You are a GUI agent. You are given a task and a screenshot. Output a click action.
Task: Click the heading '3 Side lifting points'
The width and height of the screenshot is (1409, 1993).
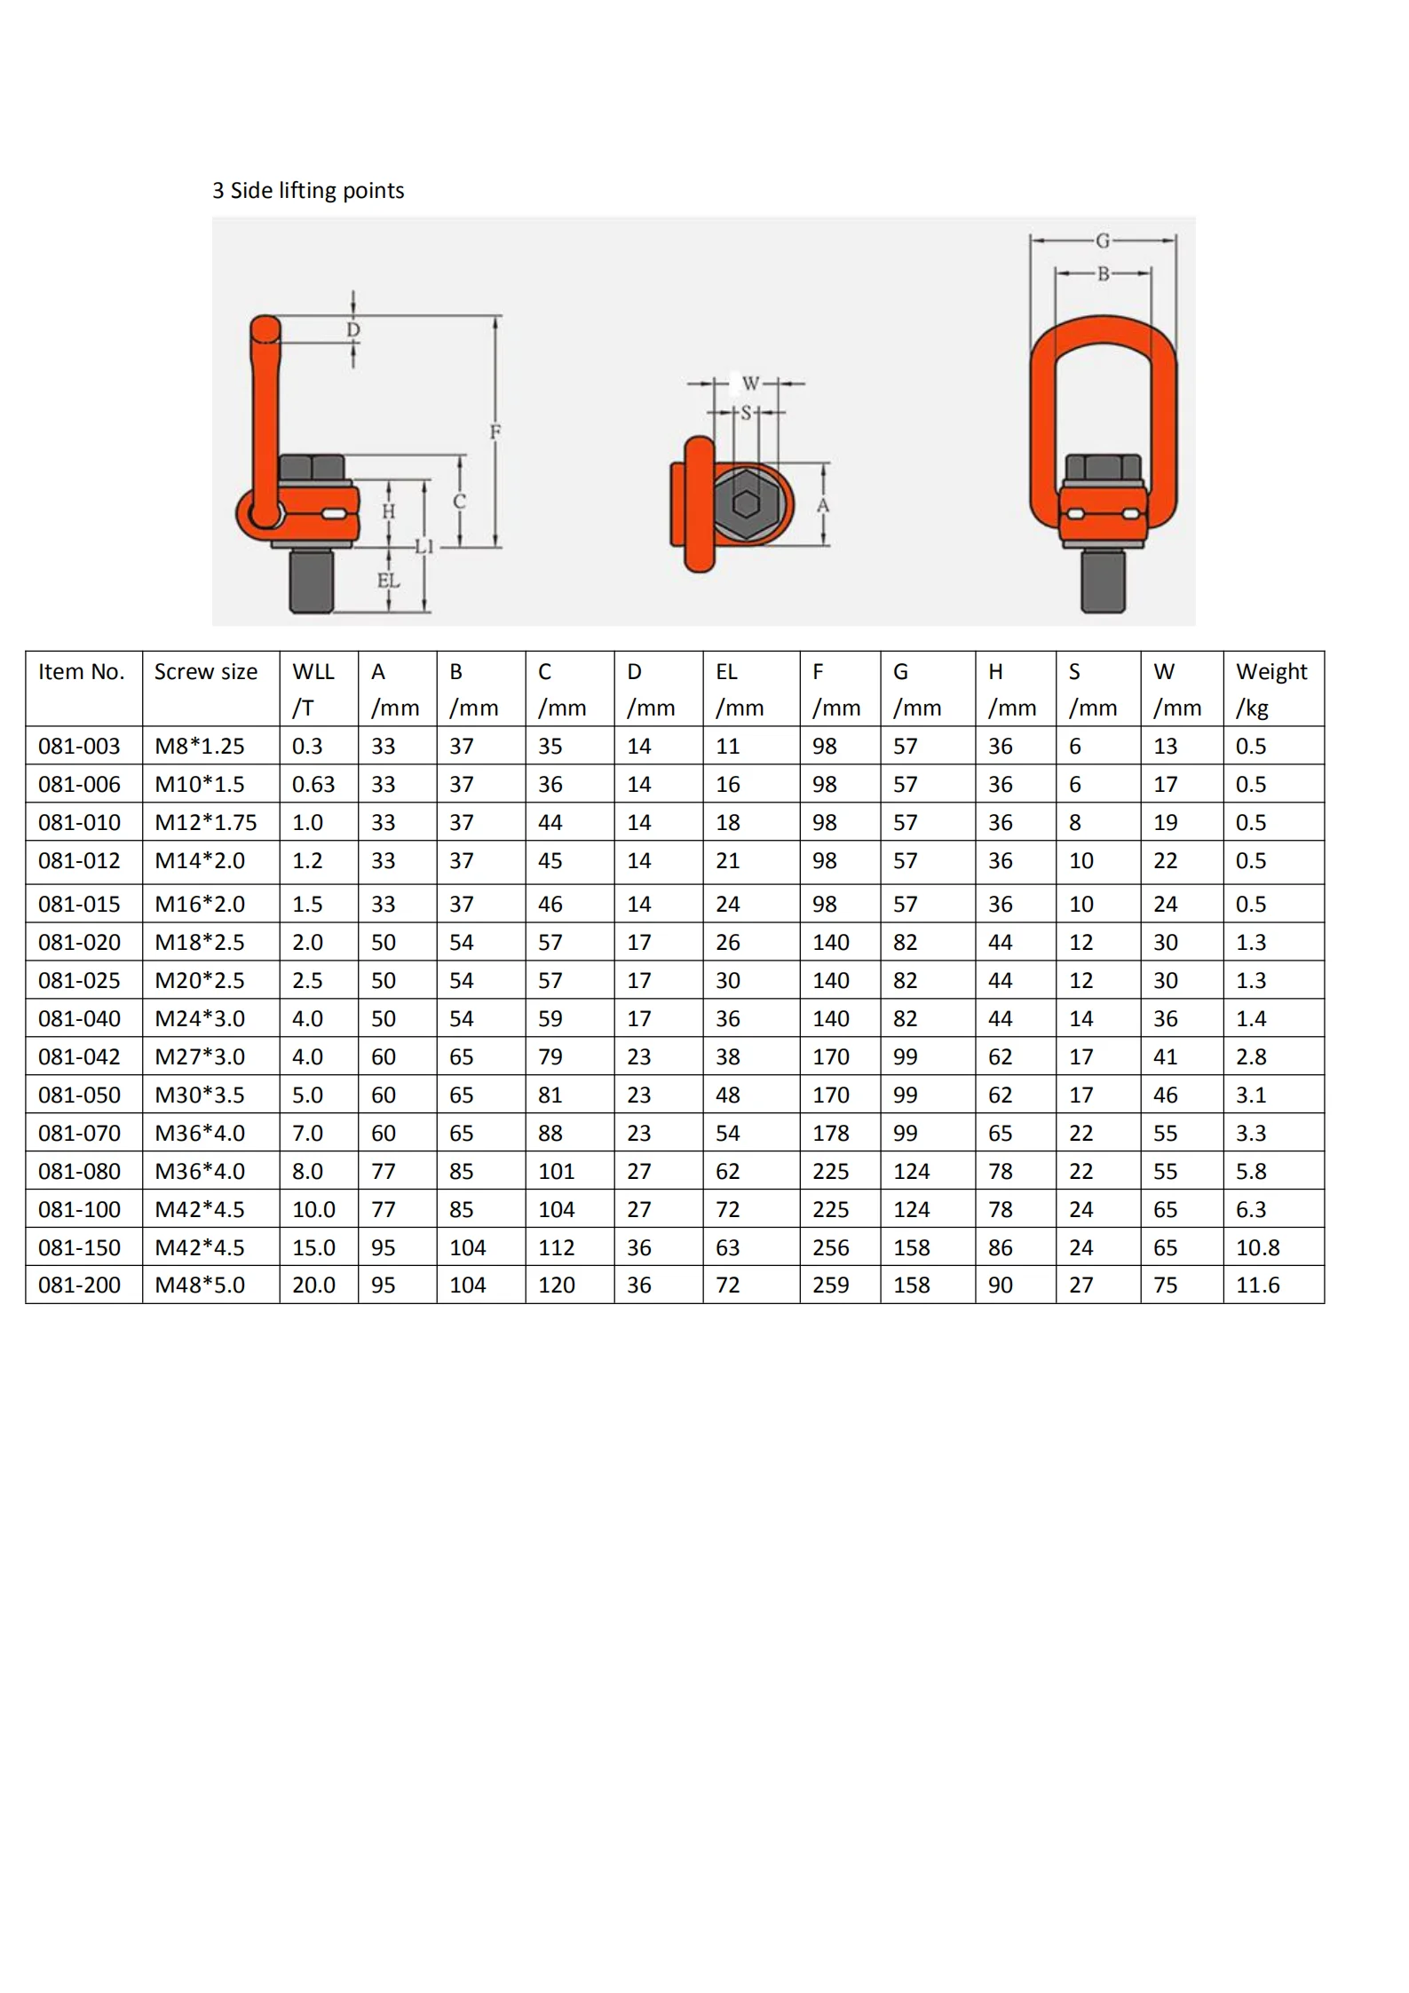[307, 191]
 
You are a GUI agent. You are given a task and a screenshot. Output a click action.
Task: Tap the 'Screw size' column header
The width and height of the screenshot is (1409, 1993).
[206, 672]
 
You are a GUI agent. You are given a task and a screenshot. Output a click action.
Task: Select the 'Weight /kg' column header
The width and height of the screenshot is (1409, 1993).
[1270, 689]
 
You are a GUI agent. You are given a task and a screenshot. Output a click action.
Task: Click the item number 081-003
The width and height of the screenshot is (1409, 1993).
[79, 747]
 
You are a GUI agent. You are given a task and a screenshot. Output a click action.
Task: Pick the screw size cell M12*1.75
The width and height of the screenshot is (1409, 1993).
[206, 823]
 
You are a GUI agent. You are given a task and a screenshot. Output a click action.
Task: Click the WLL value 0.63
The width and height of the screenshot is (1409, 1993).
[313, 785]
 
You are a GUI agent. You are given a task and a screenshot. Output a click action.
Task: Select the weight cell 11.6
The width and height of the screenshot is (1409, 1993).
[1257, 1285]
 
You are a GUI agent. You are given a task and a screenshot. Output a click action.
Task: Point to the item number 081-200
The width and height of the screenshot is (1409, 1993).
[79, 1285]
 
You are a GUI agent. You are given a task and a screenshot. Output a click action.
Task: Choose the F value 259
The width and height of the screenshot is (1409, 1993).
[830, 1285]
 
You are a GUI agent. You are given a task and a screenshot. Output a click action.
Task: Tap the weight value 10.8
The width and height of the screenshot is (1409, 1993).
[1257, 1248]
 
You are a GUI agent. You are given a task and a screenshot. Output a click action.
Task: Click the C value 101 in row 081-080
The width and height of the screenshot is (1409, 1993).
[556, 1172]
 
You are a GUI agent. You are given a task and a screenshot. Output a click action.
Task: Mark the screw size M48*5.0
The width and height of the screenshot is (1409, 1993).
[200, 1285]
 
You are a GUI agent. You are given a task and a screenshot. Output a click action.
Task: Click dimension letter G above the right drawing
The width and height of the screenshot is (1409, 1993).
[1102, 241]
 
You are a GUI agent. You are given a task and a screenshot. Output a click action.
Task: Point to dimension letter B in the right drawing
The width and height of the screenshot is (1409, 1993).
[1103, 274]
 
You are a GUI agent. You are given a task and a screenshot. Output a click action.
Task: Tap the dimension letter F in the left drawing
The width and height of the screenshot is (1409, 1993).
[495, 432]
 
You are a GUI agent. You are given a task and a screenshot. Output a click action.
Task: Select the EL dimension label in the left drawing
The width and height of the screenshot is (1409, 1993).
[388, 581]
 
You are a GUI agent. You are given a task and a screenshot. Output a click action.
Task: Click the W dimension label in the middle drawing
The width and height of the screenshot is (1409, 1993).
[750, 384]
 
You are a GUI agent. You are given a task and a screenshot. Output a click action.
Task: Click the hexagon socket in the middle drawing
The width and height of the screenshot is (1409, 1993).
[746, 504]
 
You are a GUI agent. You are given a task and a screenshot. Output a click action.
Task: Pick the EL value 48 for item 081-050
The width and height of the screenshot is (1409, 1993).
[728, 1095]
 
